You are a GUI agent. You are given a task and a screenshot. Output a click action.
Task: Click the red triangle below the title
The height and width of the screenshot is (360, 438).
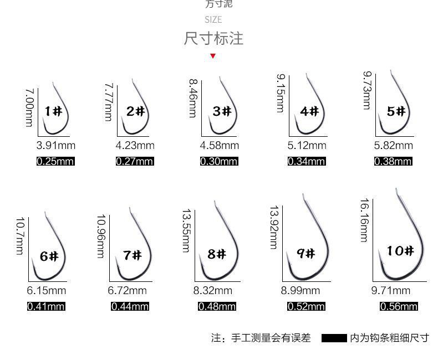pos(213,56)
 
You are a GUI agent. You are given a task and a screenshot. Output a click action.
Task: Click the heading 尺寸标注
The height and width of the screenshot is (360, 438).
pos(213,39)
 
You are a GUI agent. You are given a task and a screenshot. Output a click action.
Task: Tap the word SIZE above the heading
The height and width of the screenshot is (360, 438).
pos(213,20)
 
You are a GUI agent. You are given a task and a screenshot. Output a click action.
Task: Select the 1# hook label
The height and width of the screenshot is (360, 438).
pos(54,111)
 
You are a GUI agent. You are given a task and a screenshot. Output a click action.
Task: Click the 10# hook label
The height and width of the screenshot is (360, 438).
pos(400,251)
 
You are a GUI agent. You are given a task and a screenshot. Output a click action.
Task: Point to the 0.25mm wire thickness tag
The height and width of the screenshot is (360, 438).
pos(55,161)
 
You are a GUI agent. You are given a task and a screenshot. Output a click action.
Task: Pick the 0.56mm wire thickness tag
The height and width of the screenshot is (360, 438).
pos(399,306)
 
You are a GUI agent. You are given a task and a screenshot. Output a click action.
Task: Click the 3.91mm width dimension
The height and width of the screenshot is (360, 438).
pos(55,146)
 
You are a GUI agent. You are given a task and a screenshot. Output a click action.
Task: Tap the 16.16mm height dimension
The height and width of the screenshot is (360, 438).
pos(364,220)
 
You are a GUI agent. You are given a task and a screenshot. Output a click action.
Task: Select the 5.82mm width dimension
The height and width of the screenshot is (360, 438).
pos(394,146)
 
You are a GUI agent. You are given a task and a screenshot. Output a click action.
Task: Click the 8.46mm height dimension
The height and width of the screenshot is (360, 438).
pos(193,99)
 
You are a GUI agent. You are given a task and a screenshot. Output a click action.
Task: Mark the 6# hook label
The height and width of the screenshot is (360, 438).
pos(49,256)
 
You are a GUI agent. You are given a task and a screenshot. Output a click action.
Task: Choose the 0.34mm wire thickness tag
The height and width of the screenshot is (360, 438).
pos(307,161)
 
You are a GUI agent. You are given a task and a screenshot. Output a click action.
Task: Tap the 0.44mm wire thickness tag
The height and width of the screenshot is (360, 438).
pos(130,306)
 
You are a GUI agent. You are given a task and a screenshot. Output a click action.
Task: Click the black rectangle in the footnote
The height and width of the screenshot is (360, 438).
pos(334,338)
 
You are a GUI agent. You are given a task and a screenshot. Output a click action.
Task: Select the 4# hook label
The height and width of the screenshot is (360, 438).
pos(309,111)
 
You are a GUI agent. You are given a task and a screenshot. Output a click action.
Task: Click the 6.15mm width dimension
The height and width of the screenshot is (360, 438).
pos(47,290)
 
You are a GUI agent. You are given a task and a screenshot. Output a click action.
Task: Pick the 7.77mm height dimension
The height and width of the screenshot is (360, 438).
pos(109,102)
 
